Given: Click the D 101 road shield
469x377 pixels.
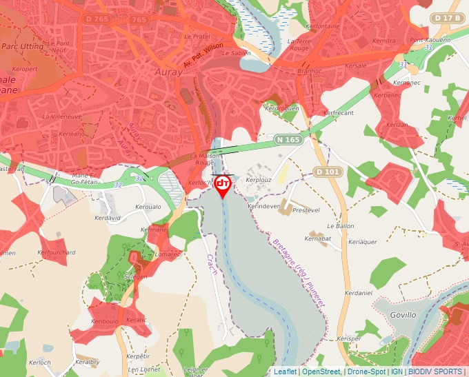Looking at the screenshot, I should pyautogui.click(x=328, y=171).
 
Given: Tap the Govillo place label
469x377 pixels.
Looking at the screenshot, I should pyautogui.click(x=403, y=314).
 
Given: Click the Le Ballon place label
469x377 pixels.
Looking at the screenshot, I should pyautogui.click(x=341, y=226).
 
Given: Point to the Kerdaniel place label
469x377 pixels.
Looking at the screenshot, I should pyautogui.click(x=358, y=293).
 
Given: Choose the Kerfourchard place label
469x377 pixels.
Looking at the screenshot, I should pyautogui.click(x=57, y=252).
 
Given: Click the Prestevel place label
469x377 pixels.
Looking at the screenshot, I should pyautogui.click(x=306, y=210).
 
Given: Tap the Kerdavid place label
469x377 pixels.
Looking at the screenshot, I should pyautogui.click(x=108, y=218).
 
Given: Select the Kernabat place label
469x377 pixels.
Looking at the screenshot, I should pyautogui.click(x=318, y=238).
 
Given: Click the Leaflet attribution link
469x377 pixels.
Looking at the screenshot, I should pyautogui.click(x=285, y=371).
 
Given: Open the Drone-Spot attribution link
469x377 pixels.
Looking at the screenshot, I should pyautogui.click(x=366, y=371).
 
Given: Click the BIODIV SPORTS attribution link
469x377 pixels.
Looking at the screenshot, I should pyautogui.click(x=435, y=371).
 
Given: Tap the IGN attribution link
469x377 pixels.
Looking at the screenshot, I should pyautogui.click(x=397, y=371).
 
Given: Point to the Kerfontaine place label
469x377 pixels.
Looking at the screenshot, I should pyautogui.click(x=323, y=26).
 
